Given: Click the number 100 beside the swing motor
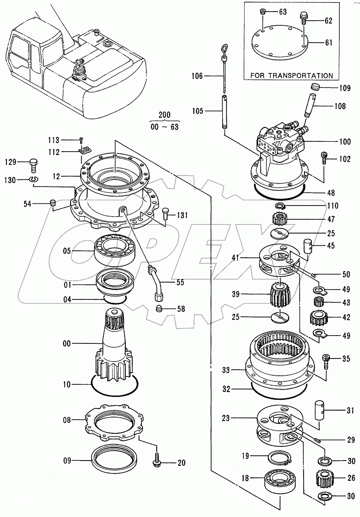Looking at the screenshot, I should click(x=345, y=141).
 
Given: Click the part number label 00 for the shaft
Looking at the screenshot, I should click(x=66, y=343).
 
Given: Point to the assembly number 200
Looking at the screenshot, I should click(x=164, y=115).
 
